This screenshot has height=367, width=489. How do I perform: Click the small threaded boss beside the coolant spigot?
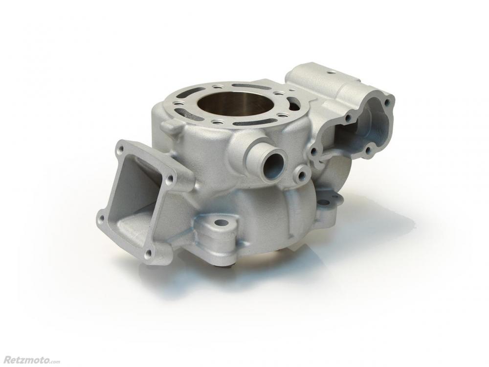[301, 175]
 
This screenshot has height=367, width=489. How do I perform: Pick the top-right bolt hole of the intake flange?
[170, 178]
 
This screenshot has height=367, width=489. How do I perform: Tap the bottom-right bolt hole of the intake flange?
[149, 252]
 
